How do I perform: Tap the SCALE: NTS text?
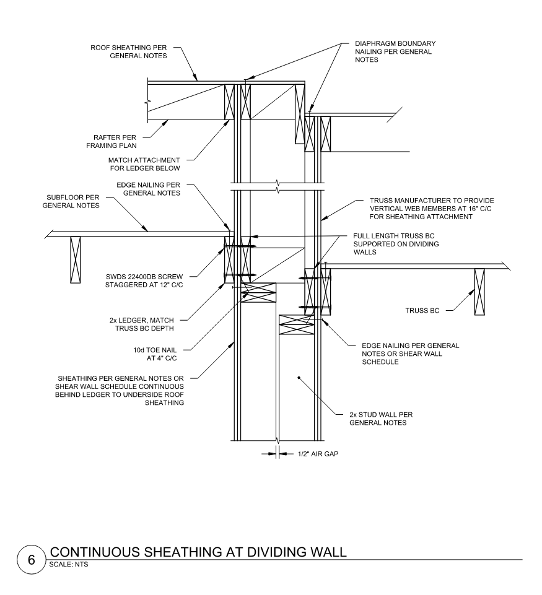(68, 564)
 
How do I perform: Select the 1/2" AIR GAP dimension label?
(313, 454)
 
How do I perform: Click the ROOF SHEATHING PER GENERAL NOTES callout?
(131, 51)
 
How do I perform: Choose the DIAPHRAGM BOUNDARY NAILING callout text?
(395, 52)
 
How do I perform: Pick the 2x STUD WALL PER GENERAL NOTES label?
(378, 419)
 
